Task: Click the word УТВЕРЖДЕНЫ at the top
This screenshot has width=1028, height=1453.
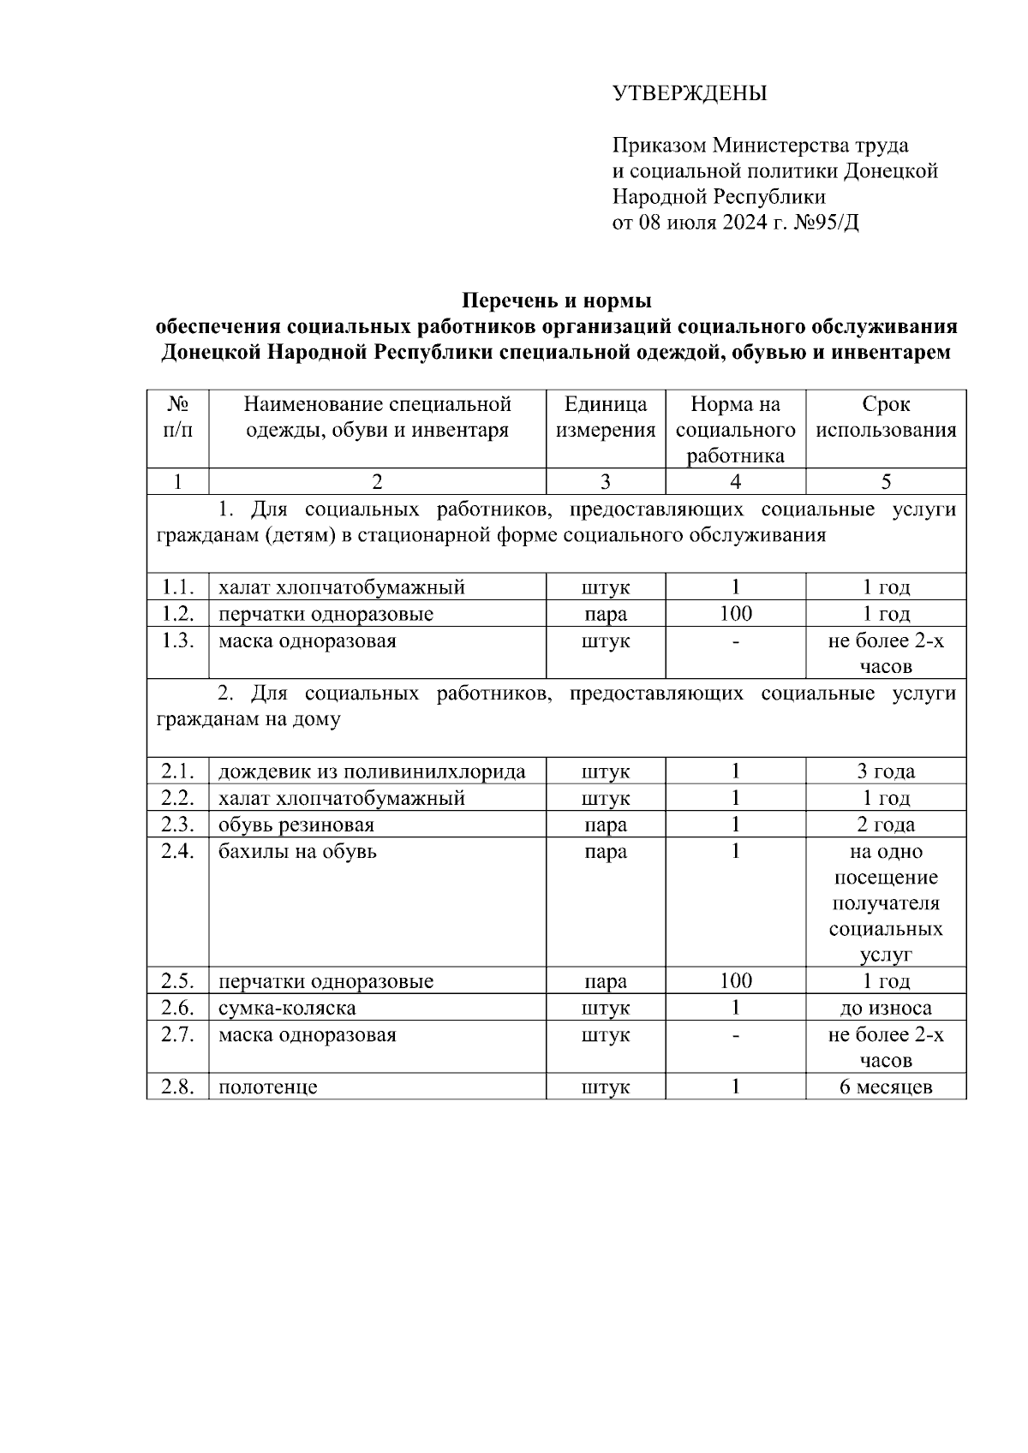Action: tap(690, 93)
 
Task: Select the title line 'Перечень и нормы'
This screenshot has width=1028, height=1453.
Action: tap(557, 301)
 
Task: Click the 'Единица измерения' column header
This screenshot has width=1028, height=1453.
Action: tap(606, 417)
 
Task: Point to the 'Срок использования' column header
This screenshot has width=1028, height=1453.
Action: tap(886, 417)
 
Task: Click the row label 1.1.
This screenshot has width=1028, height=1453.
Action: tap(178, 587)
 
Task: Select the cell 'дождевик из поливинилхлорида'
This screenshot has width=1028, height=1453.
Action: tap(372, 771)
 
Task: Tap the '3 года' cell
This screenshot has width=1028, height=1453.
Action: tap(886, 771)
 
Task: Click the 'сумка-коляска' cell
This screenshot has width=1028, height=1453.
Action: tap(287, 1008)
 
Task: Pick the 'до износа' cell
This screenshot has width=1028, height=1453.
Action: tap(886, 1008)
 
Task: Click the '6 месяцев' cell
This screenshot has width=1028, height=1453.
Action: tap(886, 1087)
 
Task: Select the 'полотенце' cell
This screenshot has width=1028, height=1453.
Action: tap(268, 1087)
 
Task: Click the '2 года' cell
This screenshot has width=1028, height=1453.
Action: tap(886, 825)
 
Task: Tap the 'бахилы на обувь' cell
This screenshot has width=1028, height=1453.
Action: tap(297, 851)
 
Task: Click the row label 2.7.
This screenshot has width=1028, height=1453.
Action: tap(178, 1034)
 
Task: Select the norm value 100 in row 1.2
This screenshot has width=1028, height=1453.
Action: tap(735, 614)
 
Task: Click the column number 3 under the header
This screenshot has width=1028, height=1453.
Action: tap(606, 482)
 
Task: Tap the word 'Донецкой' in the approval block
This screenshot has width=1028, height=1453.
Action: tap(891, 171)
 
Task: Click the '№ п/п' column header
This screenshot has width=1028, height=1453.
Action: tap(178, 417)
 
